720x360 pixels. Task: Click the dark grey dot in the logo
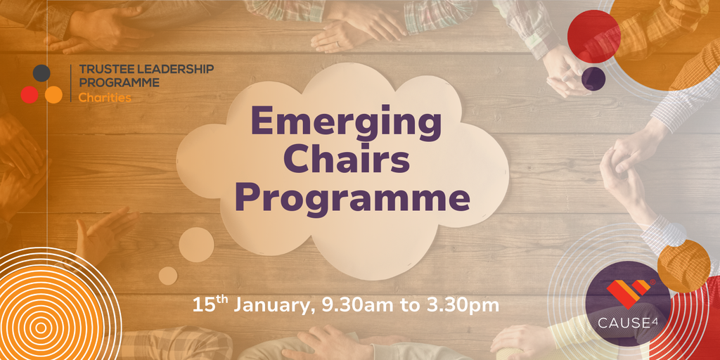point(41,73)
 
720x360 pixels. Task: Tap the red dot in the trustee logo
point(30,95)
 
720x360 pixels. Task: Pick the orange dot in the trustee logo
point(53,95)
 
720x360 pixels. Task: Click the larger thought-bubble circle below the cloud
point(196,245)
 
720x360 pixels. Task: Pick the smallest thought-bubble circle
point(168,276)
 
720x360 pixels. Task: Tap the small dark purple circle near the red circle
point(593,79)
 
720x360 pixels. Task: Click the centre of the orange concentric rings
point(41,328)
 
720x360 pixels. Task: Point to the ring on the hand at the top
point(338,45)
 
